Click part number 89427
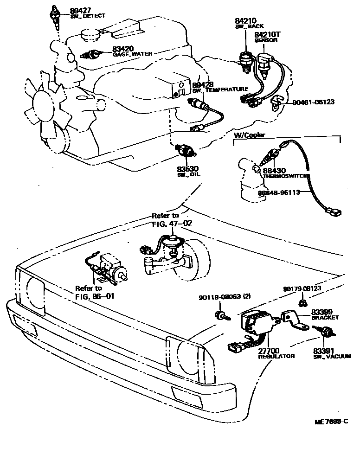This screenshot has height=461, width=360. [x=80, y=10]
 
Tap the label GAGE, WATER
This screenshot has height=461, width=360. [x=132, y=54]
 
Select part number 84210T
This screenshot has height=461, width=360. [x=267, y=34]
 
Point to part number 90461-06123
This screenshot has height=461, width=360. [x=313, y=102]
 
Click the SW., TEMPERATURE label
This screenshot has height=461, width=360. [x=220, y=89]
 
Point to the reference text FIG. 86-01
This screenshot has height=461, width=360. [x=94, y=295]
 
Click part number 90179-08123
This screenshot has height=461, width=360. [x=302, y=288]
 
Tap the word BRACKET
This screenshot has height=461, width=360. [x=325, y=318]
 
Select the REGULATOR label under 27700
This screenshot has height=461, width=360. [x=276, y=356]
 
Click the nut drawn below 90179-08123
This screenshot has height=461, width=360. [x=302, y=302]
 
